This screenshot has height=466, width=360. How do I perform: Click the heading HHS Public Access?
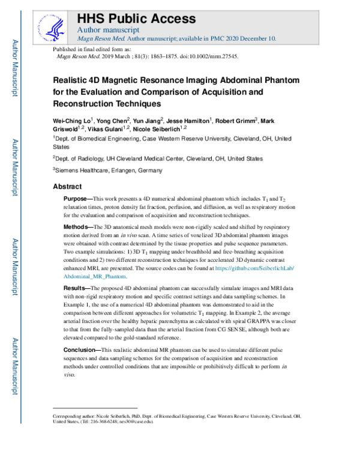click(x=137, y=18)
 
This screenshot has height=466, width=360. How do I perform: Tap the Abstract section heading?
click(x=68, y=187)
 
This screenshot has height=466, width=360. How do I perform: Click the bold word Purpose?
click(x=77, y=199)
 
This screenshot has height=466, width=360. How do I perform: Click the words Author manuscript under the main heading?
click(x=109, y=29)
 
